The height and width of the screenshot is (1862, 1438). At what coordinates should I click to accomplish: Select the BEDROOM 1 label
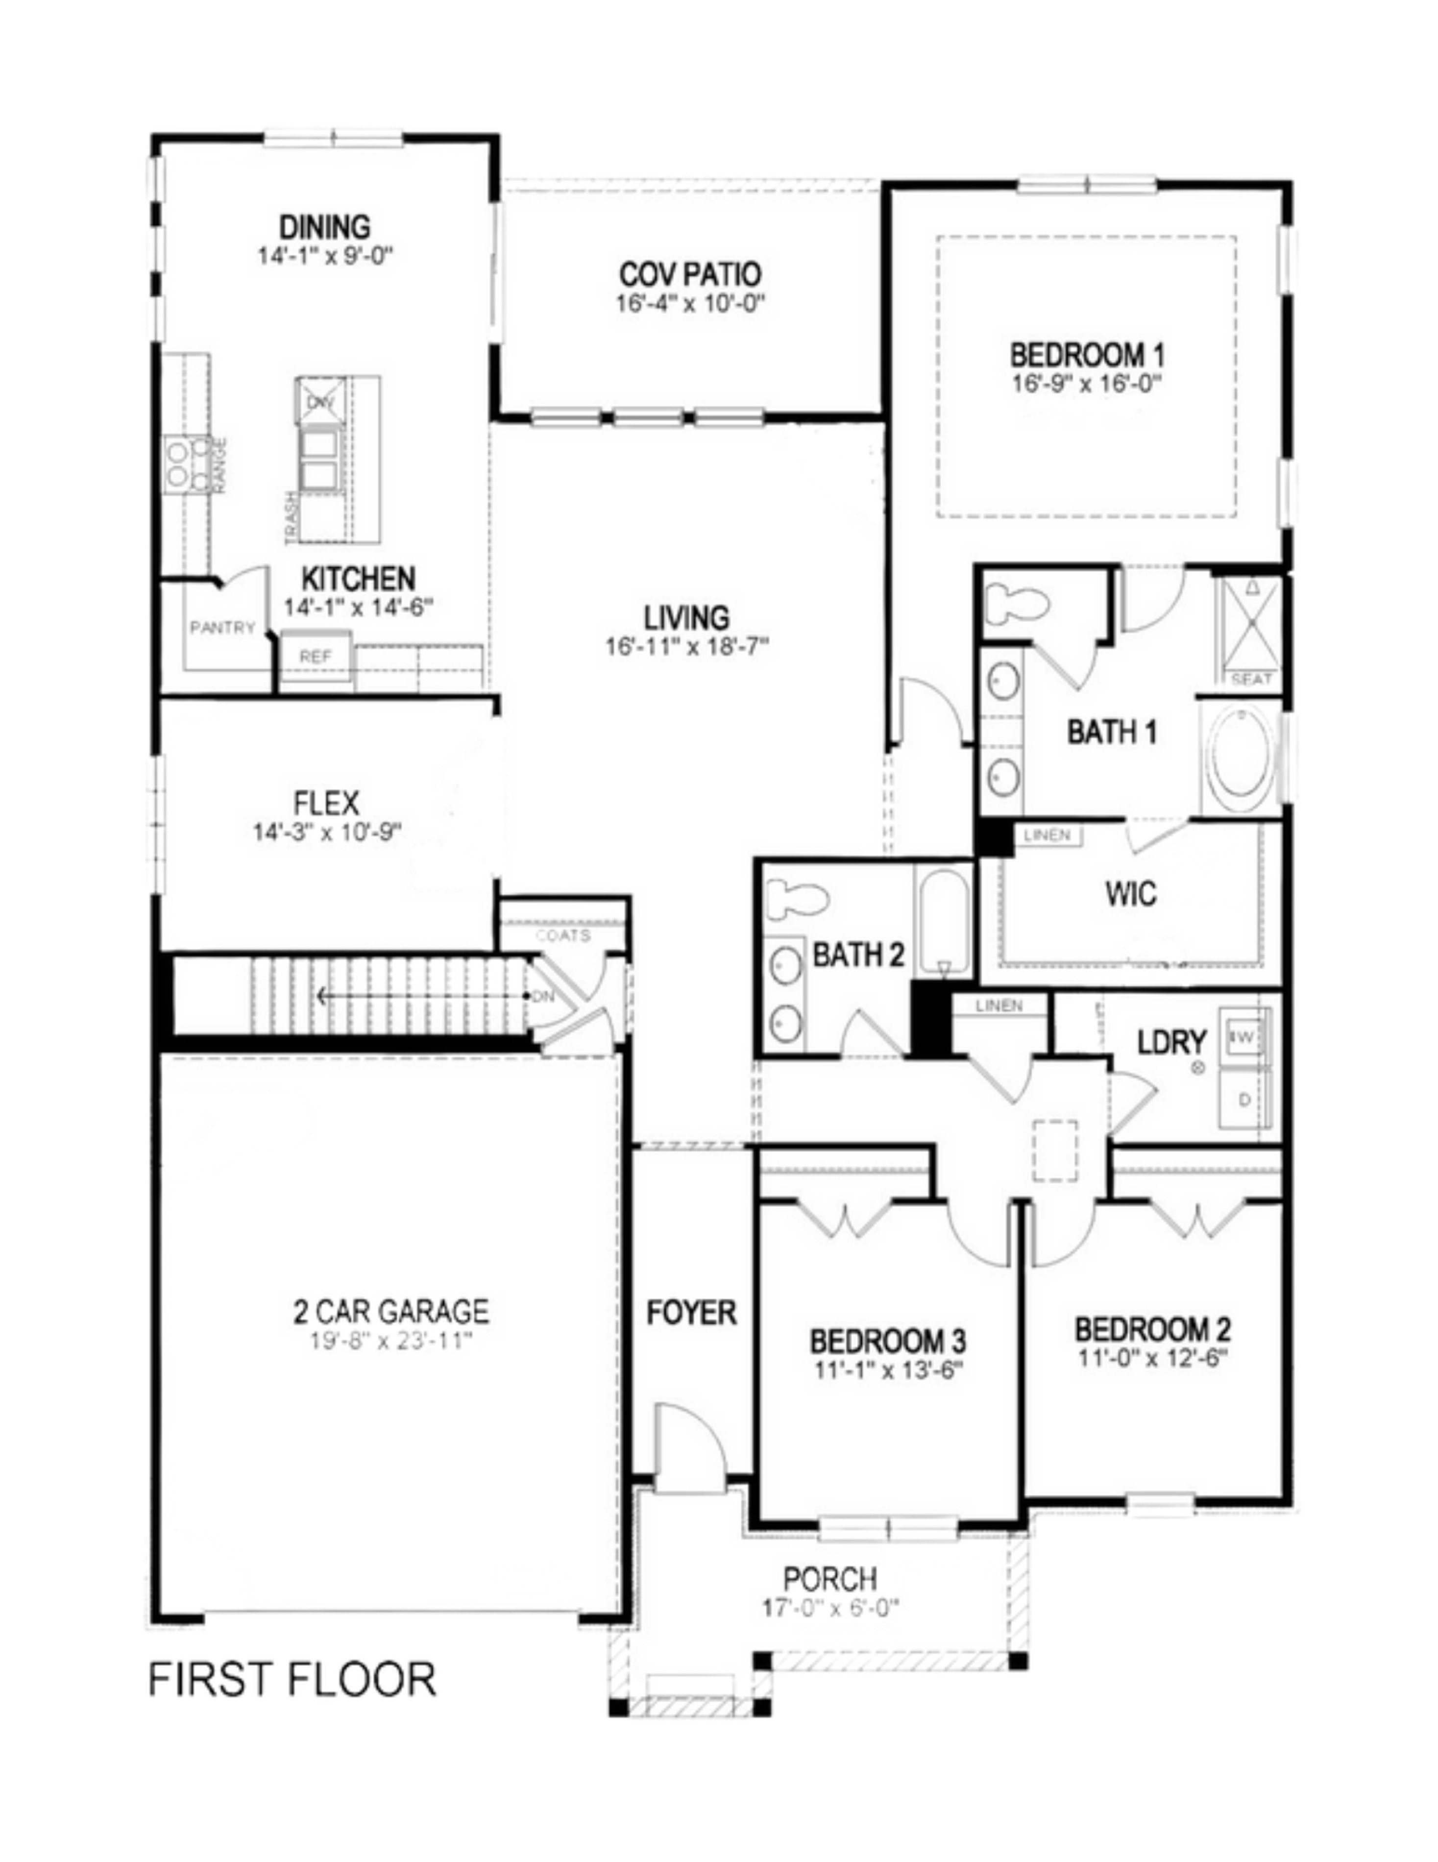[1087, 355]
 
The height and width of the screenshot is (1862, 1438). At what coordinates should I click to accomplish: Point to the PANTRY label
[222, 628]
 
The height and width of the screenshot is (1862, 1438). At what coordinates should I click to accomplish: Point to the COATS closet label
[562, 935]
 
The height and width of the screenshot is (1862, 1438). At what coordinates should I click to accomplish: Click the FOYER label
[691, 1312]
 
